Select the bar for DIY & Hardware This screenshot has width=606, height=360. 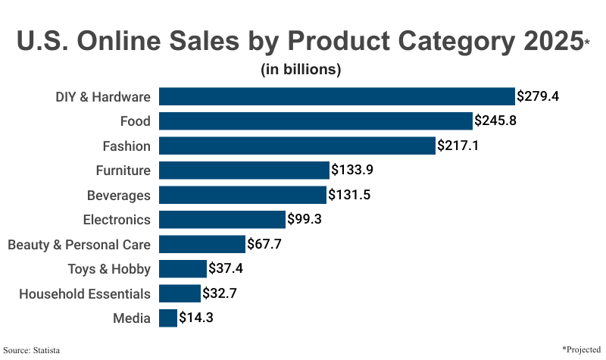point(337,96)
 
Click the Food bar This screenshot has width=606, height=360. point(316,121)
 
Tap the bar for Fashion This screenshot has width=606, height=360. point(298,146)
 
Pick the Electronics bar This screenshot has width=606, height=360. point(223,220)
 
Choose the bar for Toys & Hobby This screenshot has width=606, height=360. point(183,268)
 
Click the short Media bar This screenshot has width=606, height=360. point(168,318)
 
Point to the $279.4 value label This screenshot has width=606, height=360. point(538,96)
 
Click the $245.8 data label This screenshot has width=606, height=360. point(495,121)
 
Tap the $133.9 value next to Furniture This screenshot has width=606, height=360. point(352,170)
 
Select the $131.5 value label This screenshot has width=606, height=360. point(349,195)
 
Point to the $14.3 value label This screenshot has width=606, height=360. point(196,318)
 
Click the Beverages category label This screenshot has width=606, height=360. point(119,195)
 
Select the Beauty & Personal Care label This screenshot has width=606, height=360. point(79,244)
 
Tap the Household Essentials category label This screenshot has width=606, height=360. point(84,293)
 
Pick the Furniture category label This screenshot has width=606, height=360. point(123,171)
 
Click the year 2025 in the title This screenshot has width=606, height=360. point(539,41)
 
